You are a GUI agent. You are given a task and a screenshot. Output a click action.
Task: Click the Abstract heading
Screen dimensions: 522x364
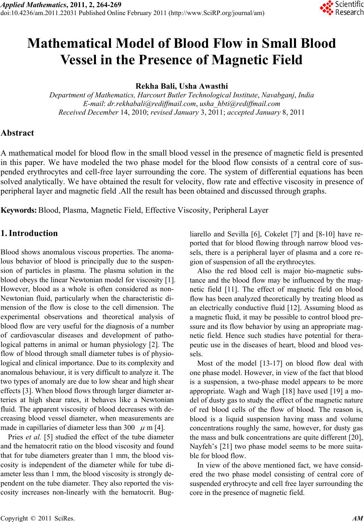(x=17, y=133)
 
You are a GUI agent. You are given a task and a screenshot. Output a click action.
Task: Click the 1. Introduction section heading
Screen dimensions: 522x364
(x=29, y=233)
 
